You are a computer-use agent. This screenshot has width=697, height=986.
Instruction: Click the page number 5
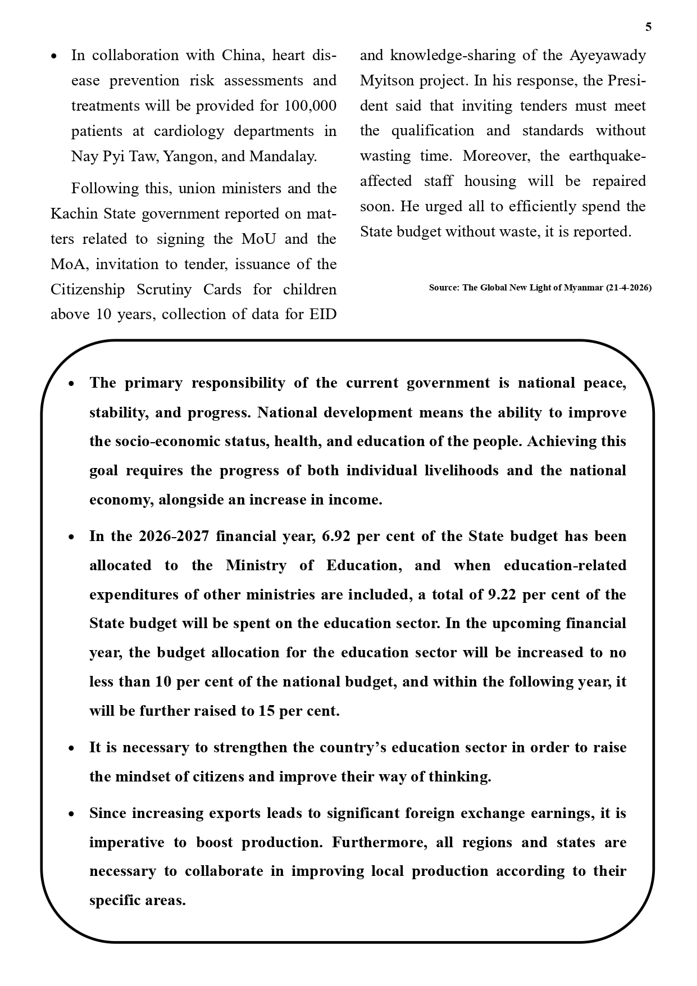tap(648, 27)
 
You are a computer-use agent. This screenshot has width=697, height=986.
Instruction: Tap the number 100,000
tap(310, 106)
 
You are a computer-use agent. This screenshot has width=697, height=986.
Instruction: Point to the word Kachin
tap(70, 213)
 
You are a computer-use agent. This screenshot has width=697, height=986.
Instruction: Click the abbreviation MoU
tap(259, 239)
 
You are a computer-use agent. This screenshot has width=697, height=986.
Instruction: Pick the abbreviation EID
tap(322, 314)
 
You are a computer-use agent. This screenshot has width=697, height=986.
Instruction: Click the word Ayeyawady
tap(608, 55)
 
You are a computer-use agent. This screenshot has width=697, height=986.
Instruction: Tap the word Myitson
tap(387, 80)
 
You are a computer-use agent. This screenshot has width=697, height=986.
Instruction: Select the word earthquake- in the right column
tap(607, 156)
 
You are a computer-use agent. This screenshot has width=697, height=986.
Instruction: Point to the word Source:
tap(444, 288)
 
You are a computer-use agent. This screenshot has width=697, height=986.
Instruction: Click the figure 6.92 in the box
tap(336, 536)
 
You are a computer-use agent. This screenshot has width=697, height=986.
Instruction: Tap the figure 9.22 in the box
tap(502, 594)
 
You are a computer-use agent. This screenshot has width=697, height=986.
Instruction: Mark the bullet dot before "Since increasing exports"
tap(71, 814)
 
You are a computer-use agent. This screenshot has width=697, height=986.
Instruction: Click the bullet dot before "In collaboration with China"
tap(53, 56)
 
